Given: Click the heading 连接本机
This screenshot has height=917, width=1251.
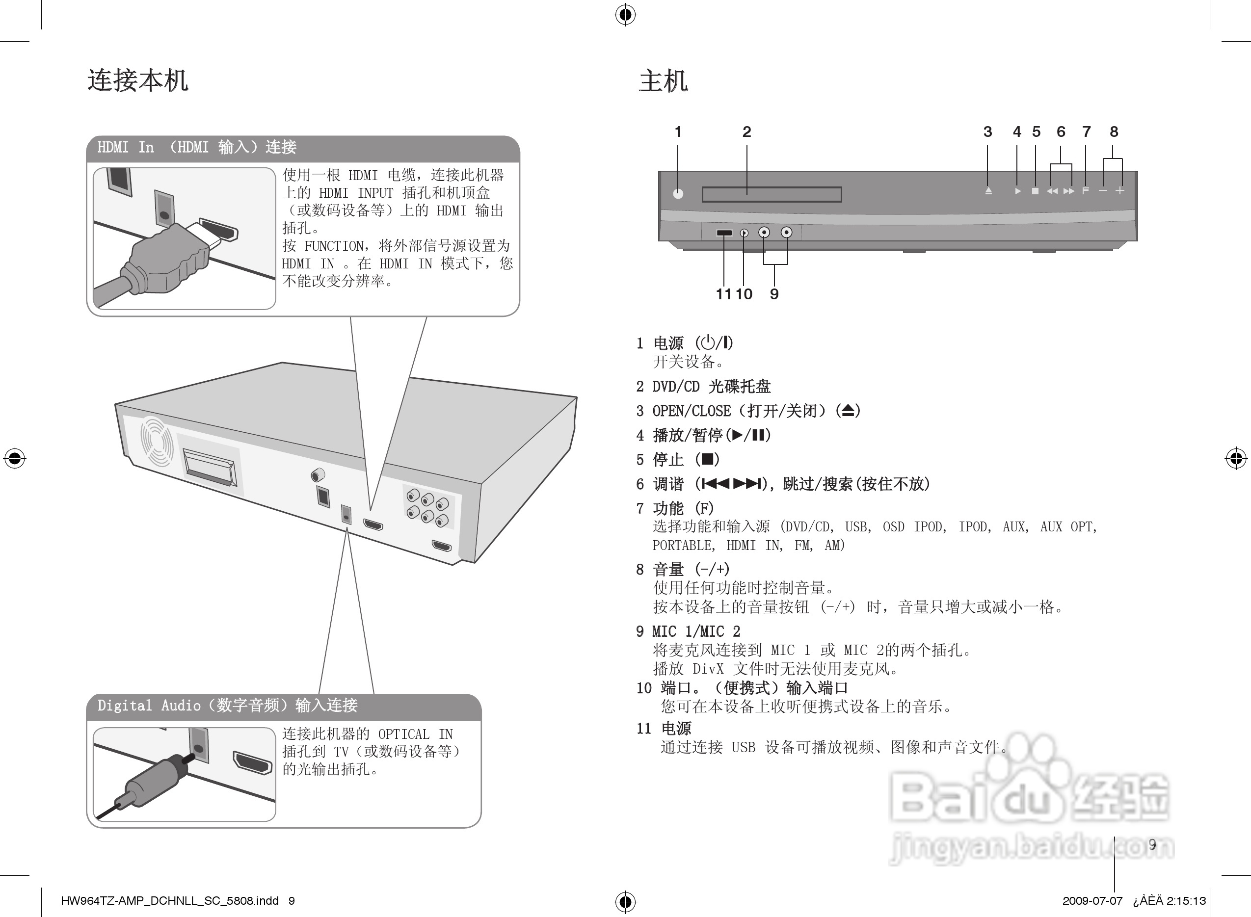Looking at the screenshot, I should [x=138, y=80].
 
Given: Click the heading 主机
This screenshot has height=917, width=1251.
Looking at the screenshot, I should [x=663, y=81].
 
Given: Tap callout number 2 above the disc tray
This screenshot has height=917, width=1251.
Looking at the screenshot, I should [x=746, y=131].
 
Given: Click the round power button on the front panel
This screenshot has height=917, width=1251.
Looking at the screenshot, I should [x=678, y=194].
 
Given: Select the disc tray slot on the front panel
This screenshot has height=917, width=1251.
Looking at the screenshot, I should [x=772, y=194].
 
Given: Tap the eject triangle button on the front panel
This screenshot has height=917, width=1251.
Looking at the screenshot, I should [x=988, y=191].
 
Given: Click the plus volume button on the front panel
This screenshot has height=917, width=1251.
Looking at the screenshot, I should [x=1120, y=190].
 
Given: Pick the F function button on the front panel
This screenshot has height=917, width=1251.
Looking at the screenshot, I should [x=1086, y=191].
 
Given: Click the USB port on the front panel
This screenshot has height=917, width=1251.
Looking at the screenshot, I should [x=724, y=233].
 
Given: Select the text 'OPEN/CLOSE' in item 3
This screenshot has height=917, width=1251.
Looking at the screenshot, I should [x=692, y=411].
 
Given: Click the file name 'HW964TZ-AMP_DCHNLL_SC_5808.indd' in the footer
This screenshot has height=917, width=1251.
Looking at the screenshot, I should [x=169, y=901].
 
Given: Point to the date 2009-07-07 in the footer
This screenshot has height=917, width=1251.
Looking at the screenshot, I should [x=1092, y=901].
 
